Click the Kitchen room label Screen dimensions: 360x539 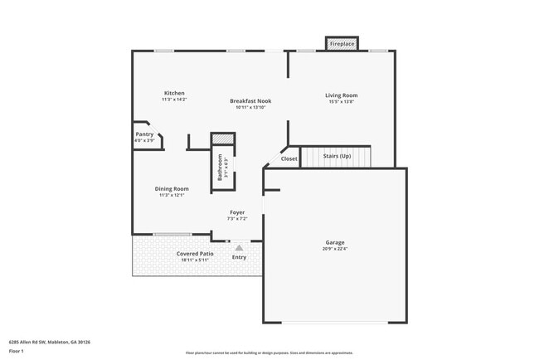point(173,93)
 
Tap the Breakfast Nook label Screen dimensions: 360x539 point(250,101)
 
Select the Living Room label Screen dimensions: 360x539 point(341,95)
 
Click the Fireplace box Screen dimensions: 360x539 point(341,43)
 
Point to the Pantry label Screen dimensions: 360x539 point(144,134)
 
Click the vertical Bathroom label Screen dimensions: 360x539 point(220,168)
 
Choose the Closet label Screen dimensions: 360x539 point(289,158)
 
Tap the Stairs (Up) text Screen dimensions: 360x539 point(336,156)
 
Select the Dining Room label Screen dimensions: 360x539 point(172,189)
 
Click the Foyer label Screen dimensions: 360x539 point(237,212)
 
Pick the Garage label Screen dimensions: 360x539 point(334,243)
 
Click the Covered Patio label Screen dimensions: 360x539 point(195,253)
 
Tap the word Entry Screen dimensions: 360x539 point(239,257)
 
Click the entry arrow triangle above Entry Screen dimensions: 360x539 point(239,246)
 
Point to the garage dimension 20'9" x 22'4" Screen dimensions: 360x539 point(334,249)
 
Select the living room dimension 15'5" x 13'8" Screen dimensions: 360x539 point(341,101)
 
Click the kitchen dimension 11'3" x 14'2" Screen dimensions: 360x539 point(174,100)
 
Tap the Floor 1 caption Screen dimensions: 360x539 point(17,351)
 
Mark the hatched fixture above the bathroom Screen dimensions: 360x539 point(222,139)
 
